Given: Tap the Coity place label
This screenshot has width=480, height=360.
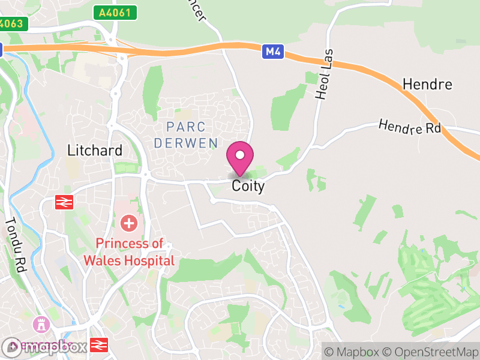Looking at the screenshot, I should (x=248, y=187).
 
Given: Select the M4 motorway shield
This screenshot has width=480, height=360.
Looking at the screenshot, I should (x=273, y=52).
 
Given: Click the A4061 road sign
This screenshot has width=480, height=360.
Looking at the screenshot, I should (x=115, y=12).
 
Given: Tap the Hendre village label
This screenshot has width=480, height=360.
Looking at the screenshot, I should (x=428, y=84).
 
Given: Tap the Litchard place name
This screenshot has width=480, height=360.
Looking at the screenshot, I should (x=95, y=150).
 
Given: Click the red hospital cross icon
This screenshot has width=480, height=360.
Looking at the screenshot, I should (x=128, y=224).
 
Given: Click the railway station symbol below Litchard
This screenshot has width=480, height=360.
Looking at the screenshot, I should (x=64, y=202).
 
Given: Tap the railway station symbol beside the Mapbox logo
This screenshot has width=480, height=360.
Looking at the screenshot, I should (x=97, y=345).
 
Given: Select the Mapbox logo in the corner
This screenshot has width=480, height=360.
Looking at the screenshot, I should (x=45, y=346).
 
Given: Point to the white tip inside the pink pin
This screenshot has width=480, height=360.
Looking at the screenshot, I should (x=240, y=155).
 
